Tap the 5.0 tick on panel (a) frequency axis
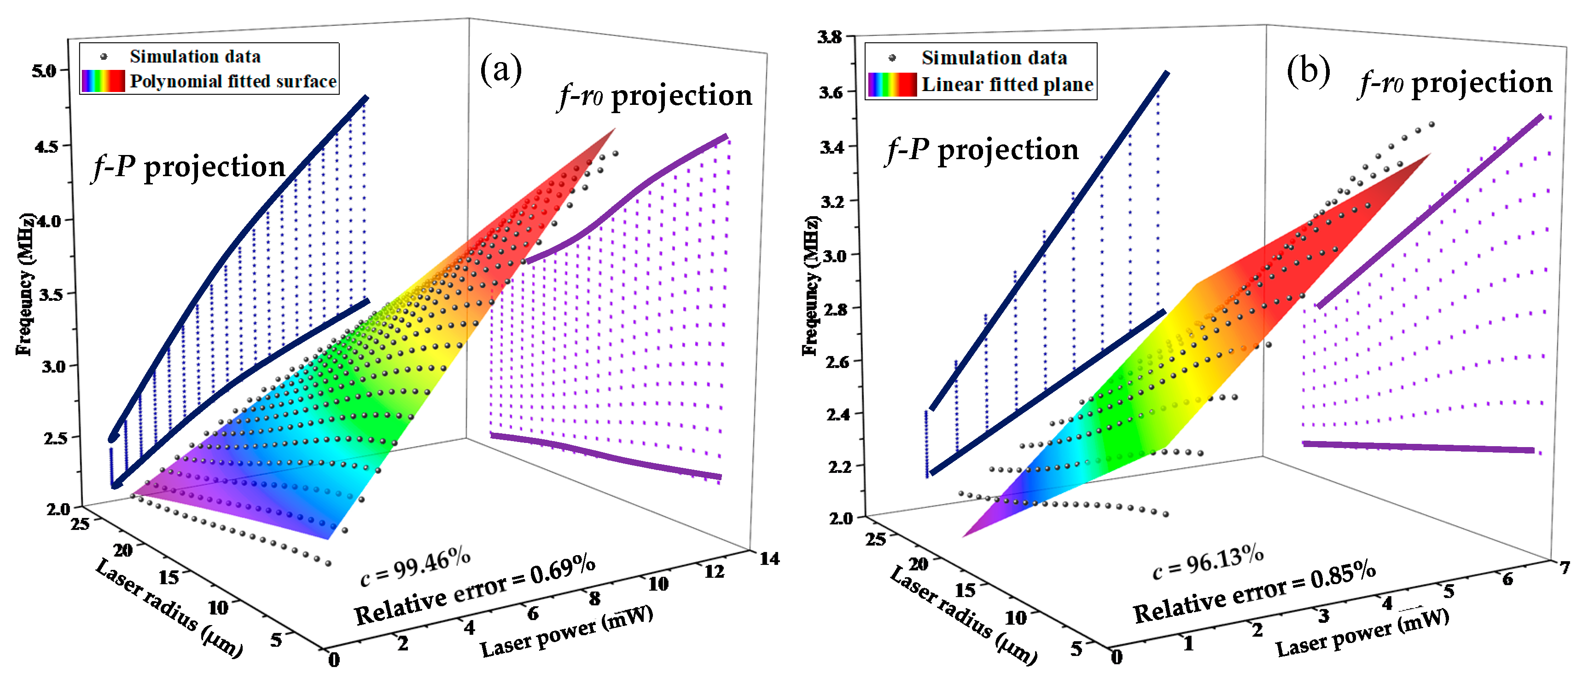coord(44,71)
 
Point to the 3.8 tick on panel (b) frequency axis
coord(830,37)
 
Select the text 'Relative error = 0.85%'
coord(1254,592)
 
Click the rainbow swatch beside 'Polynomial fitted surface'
coord(103,81)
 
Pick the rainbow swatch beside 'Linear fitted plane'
coord(892,84)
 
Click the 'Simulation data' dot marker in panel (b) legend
coord(892,58)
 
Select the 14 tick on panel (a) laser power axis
coord(769,558)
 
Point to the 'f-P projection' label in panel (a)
coord(189,167)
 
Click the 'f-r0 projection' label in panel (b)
coord(1455,83)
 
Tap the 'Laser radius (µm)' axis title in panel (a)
coord(169,608)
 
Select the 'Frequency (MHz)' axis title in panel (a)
coord(24,284)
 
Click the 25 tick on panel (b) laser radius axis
coord(876,539)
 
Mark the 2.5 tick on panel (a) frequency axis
coord(54,438)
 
